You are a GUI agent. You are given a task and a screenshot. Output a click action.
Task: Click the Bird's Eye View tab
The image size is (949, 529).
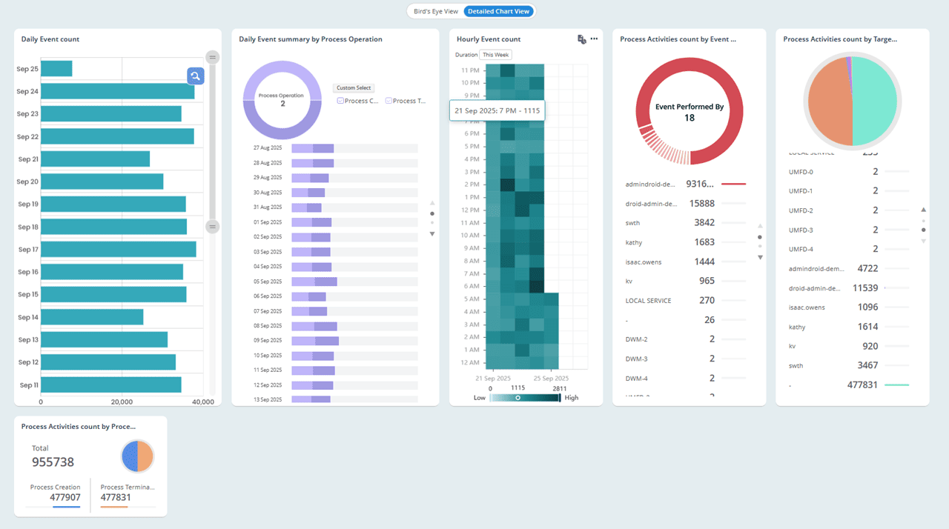coord(436,11)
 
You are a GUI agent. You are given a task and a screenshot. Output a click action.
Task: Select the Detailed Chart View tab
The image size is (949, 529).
coord(498,11)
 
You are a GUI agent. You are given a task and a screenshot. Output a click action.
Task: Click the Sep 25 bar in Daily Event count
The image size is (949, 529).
coord(56,69)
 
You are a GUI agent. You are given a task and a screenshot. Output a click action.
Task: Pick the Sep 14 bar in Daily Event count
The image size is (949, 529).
coord(92,317)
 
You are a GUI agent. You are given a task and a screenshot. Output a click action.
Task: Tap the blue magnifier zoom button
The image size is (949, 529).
coord(195,76)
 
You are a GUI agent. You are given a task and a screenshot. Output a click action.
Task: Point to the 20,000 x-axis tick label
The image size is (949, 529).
coord(122,402)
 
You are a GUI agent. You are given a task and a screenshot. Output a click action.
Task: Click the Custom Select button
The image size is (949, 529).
coord(354,88)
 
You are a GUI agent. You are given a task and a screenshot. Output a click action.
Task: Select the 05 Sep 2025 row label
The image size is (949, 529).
coord(268,282)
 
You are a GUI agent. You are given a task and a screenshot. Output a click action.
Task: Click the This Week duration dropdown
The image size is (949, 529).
coord(495,55)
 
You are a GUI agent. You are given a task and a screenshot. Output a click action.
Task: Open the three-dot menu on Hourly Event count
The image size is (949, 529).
coord(594,39)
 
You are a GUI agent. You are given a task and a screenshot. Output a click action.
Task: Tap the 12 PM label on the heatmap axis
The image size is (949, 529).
coord(470,210)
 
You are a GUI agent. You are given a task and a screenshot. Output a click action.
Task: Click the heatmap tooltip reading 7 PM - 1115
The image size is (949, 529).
coord(497,110)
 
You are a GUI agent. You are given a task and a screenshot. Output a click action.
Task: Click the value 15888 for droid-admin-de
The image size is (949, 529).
coord(701,203)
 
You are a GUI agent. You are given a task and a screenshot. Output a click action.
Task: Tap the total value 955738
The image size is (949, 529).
coord(53,462)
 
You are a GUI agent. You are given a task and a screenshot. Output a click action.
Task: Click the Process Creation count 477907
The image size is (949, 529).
coord(65,497)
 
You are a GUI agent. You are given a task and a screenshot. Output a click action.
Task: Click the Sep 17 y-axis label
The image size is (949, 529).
coord(28,250)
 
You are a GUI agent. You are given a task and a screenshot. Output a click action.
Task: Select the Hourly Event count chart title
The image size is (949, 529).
coord(489,39)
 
